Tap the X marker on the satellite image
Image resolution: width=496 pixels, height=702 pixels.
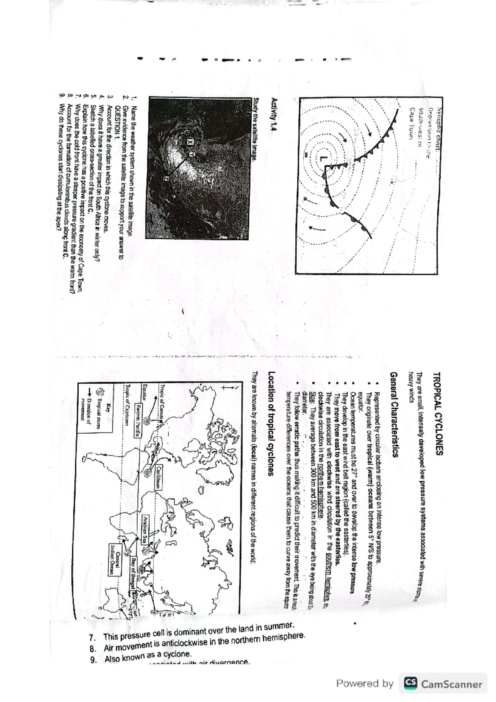[190, 142]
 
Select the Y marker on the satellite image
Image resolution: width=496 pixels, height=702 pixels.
[191, 154]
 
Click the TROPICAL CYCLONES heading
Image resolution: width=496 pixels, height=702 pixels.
[437, 413]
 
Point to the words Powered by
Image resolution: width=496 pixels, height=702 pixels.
[365, 684]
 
